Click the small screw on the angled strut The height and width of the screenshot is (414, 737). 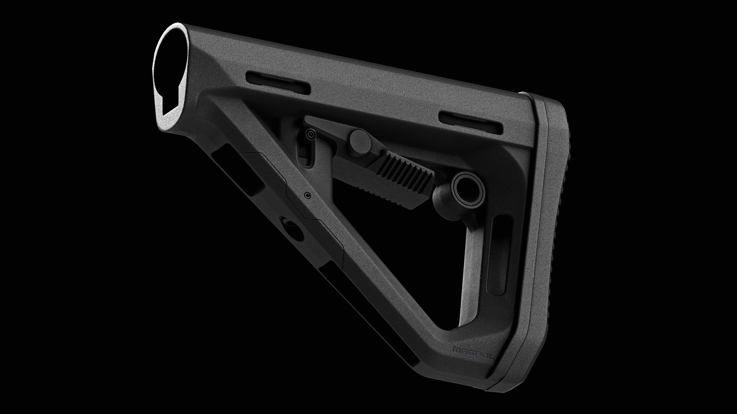[x=307, y=195]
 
